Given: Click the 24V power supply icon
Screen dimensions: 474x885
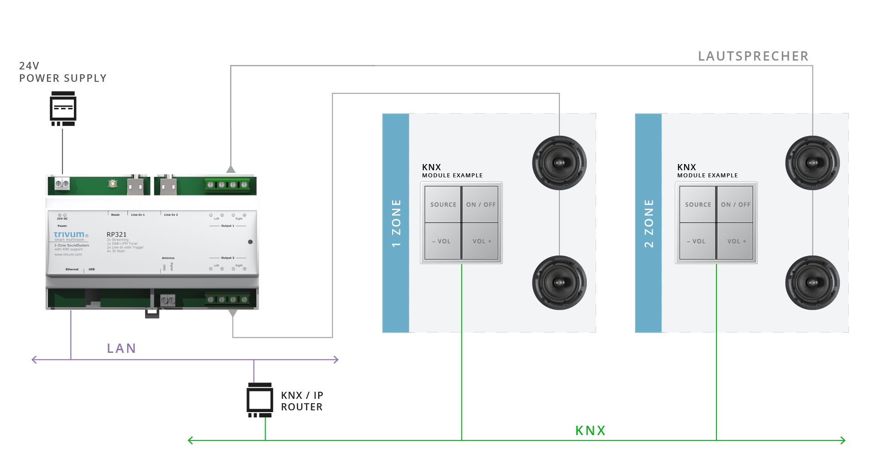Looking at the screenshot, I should (63, 108).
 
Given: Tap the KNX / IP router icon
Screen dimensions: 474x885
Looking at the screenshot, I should (260, 400).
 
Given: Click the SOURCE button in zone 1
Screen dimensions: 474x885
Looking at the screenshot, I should (443, 204).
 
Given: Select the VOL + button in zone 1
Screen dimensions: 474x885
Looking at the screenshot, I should (481, 241).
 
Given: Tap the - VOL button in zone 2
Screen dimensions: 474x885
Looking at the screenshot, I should (697, 241).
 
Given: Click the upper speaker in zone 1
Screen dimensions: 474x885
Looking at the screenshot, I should (559, 163).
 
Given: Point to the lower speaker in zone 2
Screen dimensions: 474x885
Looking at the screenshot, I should (812, 283).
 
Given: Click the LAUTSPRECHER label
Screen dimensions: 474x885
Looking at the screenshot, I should (753, 56).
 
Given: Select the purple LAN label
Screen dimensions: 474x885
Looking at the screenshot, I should (121, 348).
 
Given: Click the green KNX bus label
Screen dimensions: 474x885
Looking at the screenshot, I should (590, 431).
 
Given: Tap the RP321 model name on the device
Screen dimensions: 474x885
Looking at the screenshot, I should (116, 234).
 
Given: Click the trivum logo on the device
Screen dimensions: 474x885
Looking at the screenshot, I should (69, 234).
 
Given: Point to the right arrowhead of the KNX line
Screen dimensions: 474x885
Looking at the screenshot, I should (843, 440).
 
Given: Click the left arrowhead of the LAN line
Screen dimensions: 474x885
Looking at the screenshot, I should (34, 359).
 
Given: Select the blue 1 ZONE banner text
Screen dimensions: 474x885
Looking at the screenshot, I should (396, 223).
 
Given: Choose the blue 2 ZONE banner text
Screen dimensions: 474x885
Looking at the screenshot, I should (649, 223).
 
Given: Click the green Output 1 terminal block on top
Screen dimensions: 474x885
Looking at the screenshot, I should (227, 185).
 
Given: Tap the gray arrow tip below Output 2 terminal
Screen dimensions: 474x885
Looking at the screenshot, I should (233, 313).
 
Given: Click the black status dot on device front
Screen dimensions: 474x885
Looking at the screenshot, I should (250, 242).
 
